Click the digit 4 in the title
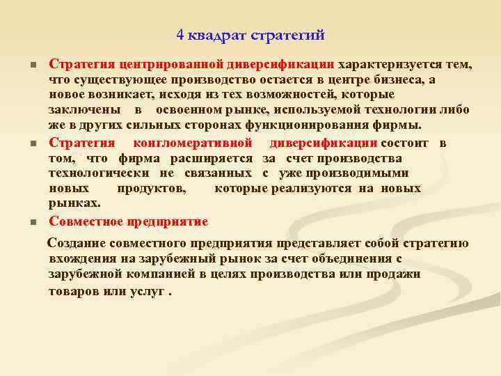click(x=180, y=34)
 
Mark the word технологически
click(x=100, y=173)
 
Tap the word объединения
click(x=353, y=259)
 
